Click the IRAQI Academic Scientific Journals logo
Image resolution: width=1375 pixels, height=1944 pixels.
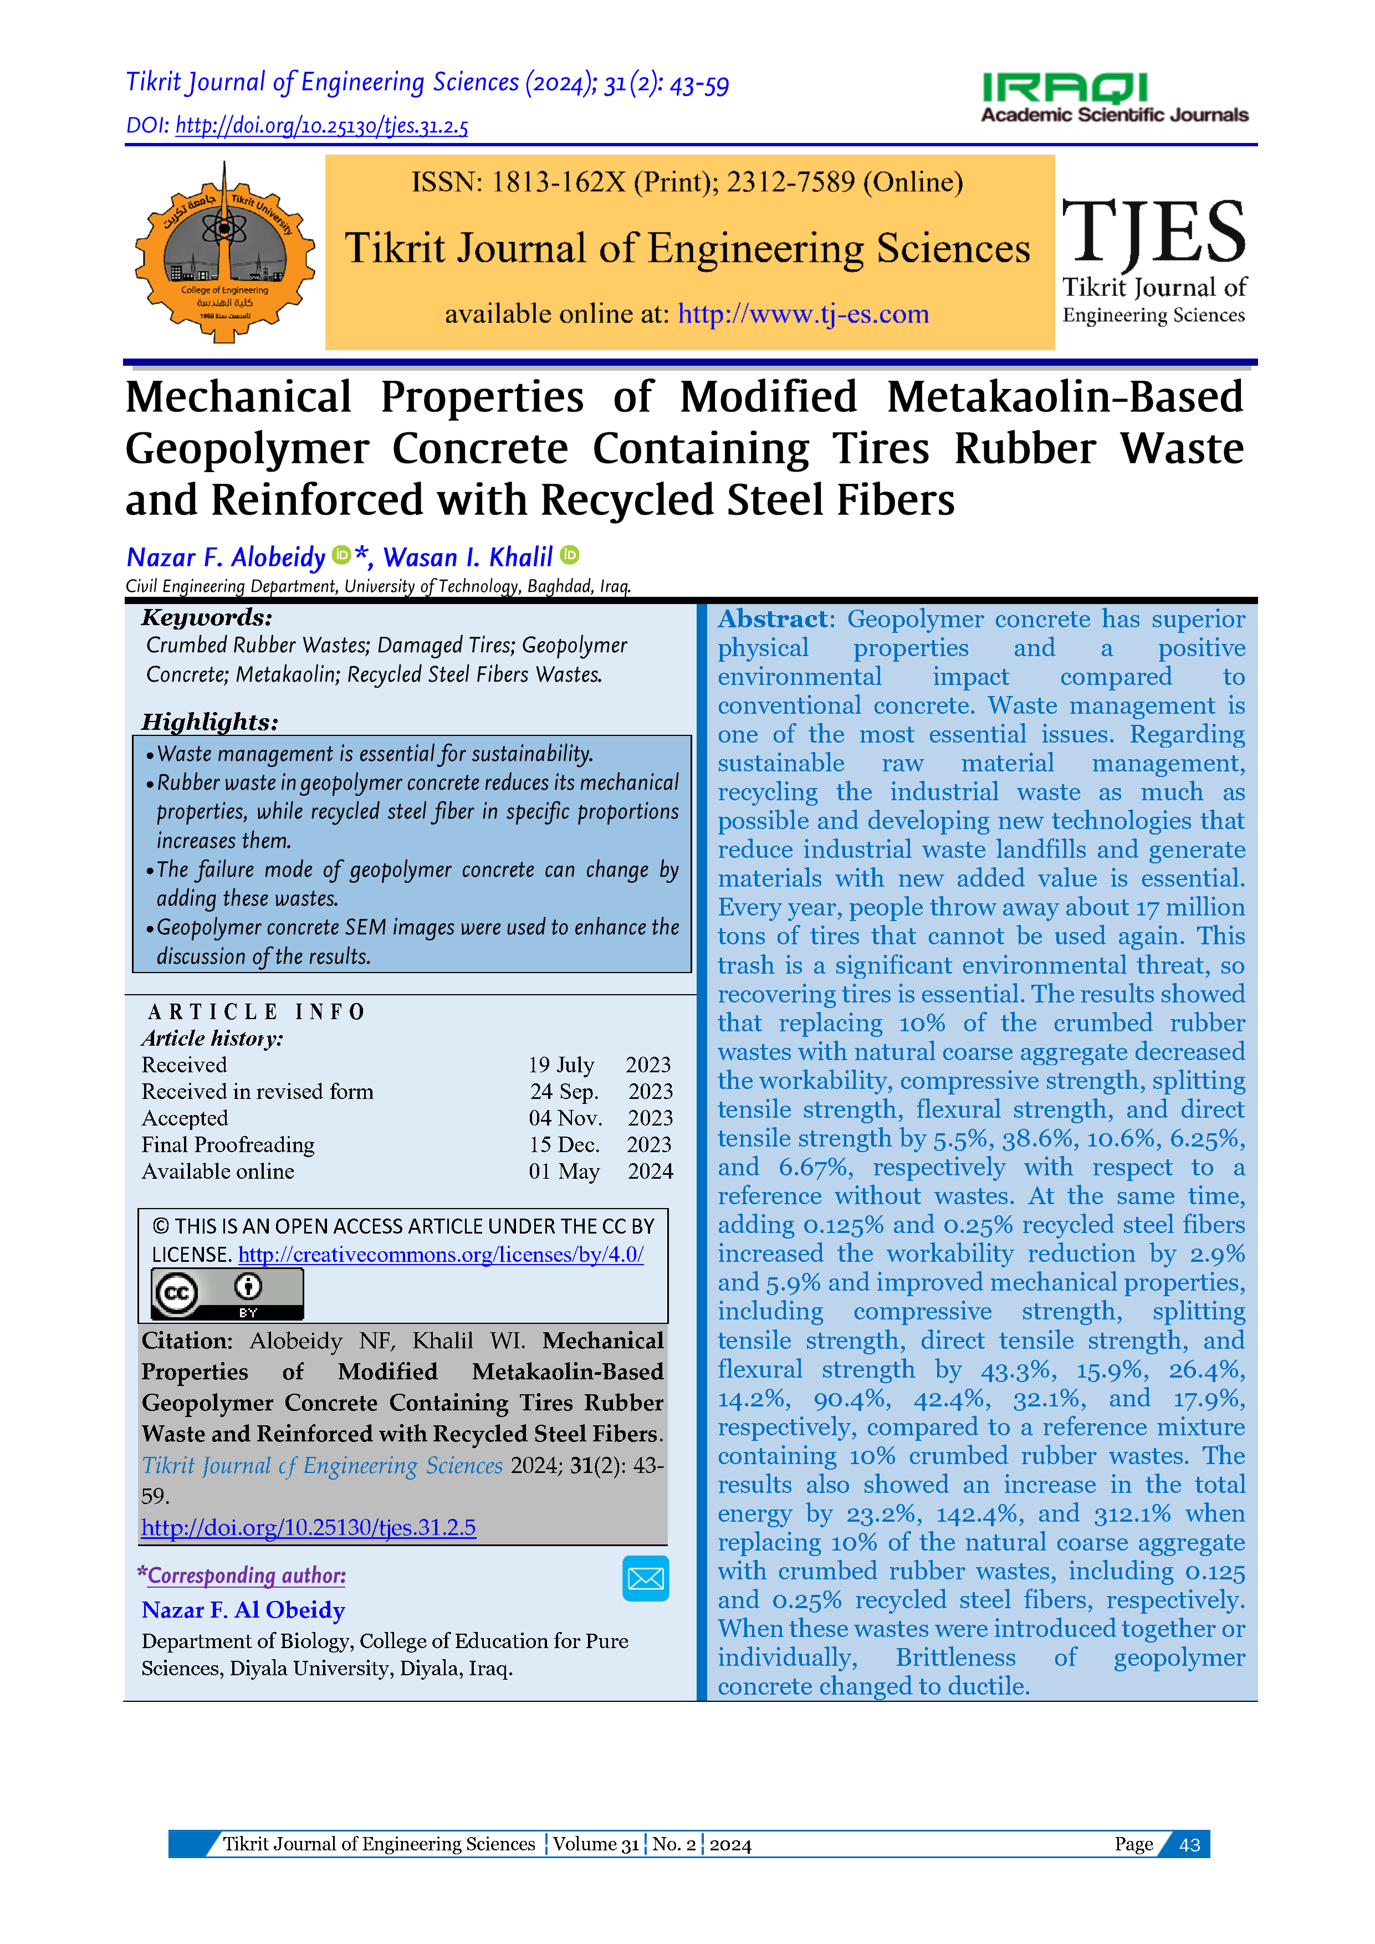coord(1113,98)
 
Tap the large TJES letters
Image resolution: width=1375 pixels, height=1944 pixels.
coord(1153,232)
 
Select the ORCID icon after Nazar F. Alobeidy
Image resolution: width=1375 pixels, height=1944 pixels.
coord(341,555)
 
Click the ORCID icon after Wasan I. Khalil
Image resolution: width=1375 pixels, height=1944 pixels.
coord(570,555)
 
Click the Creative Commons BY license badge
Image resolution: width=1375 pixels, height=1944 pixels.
coord(227,1293)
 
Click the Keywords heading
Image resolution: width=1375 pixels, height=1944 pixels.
coord(207,617)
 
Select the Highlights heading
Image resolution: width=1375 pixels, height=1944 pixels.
coord(209,722)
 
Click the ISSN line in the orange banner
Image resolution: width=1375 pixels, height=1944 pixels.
coord(687,182)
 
